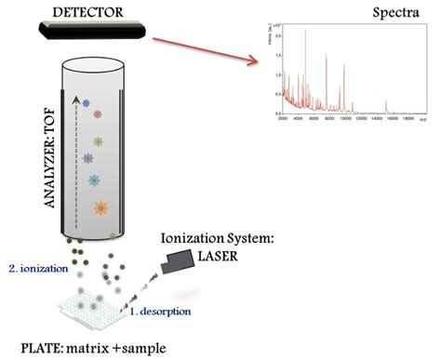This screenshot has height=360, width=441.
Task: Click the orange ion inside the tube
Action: [100, 207]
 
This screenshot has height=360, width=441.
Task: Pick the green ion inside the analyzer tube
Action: [97, 142]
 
